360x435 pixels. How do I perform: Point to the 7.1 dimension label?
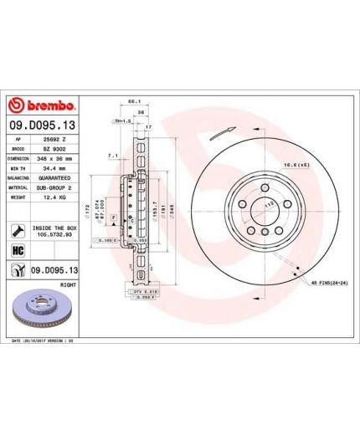[112, 156]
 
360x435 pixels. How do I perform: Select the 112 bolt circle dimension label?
[270, 205]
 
